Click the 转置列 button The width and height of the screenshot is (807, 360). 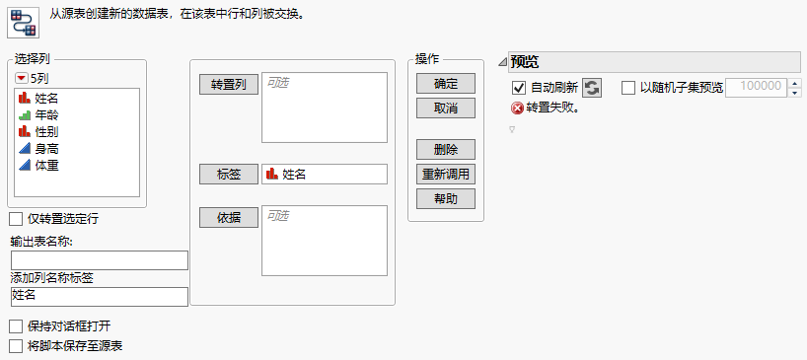228,84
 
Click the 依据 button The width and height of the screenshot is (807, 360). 228,216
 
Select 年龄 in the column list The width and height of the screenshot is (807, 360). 46,114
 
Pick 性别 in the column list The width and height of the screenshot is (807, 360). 46,131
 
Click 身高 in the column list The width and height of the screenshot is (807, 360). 46,148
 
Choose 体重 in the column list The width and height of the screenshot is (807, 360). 46,165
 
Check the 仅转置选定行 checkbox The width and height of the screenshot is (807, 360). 16,218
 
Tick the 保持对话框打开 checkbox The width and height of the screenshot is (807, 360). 16,326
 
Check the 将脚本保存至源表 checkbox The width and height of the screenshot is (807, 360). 16,346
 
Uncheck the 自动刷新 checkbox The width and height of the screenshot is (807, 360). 520,88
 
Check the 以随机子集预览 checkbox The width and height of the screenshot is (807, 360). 628,88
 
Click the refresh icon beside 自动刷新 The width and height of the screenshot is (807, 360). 591,88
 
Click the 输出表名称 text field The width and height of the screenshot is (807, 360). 99,260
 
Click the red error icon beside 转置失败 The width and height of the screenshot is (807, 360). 517,108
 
